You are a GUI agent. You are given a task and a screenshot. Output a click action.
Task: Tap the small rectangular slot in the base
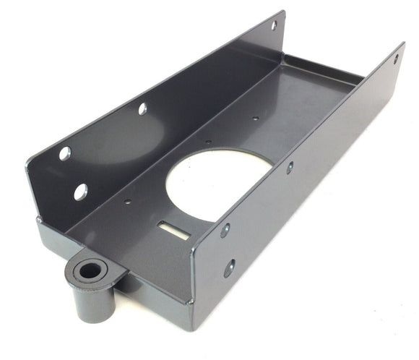pyautogui.click(x=170, y=227)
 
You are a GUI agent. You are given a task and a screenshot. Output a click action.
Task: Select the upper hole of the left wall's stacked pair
pyautogui.click(x=64, y=153)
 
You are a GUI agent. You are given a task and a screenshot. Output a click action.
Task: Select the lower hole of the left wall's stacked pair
pyautogui.click(x=80, y=192)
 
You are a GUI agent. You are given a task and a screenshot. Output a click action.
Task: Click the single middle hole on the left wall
pyautogui.click(x=142, y=108)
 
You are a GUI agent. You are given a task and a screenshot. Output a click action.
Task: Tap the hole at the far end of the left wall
pyautogui.click(x=274, y=27)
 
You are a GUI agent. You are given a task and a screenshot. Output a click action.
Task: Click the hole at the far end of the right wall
pyautogui.click(x=396, y=59)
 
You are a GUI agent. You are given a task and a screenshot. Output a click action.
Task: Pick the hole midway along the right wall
pyautogui.click(x=290, y=167)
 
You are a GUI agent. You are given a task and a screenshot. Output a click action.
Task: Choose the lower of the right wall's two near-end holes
pyautogui.click(x=229, y=268)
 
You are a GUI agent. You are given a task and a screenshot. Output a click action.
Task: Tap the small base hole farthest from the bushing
pyautogui.click(x=254, y=119)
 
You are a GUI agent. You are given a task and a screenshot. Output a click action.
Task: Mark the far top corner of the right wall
pyautogui.click(x=403, y=45)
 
